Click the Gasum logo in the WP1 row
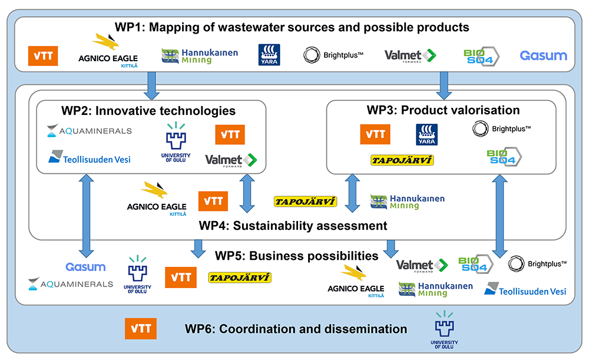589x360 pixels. [543, 55]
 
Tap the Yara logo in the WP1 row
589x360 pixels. [269, 55]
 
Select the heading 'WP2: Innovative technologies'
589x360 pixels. [148, 111]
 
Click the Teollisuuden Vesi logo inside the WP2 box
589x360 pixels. [90, 158]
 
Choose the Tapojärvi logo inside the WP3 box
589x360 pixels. [402, 160]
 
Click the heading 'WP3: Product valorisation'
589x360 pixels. [443, 110]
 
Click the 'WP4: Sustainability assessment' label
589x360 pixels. [293, 226]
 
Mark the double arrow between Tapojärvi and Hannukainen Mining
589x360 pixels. [352, 192]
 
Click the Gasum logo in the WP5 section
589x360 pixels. [85, 267]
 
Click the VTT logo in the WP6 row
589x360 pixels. [141, 329]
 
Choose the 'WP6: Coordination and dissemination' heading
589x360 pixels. [296, 329]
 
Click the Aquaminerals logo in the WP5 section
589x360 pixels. [71, 284]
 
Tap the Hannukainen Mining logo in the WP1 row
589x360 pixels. [200, 56]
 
